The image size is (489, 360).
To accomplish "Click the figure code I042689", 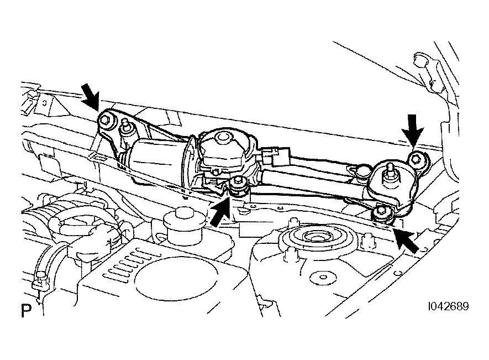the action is tap(449, 306).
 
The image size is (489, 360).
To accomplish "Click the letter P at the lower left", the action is tap(27, 310).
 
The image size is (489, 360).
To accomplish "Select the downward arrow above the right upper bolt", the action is tap(412, 130).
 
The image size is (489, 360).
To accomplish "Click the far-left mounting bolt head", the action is tap(105, 120).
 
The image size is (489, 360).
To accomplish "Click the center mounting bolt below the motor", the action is tap(238, 184).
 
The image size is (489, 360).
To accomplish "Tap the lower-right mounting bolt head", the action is tap(380, 212).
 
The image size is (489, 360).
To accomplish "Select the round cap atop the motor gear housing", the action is tap(222, 137).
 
